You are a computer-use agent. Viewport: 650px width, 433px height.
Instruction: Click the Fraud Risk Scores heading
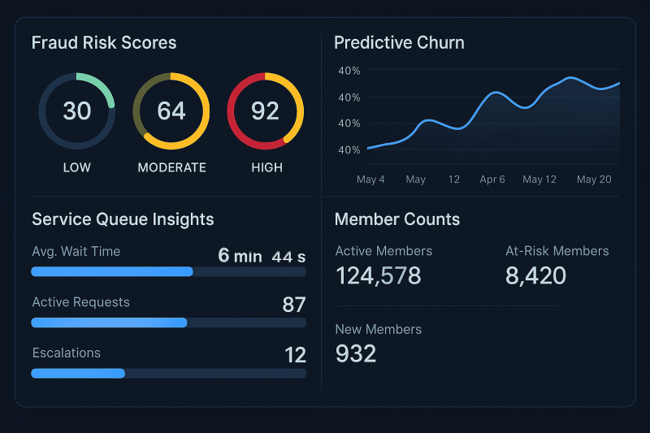coord(104,43)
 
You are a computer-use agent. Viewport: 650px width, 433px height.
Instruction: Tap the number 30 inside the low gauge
coord(76,111)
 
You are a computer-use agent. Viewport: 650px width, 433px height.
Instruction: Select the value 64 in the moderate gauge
coord(171,111)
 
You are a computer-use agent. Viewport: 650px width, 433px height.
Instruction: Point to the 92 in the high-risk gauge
coord(266,111)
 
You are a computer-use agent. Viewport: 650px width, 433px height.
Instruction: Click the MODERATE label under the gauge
coord(171,167)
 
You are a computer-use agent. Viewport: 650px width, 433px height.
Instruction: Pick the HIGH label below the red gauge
coord(267,167)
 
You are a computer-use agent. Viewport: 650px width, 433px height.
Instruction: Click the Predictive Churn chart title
coord(399,43)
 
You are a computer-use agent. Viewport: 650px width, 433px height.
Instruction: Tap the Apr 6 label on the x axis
coord(492,180)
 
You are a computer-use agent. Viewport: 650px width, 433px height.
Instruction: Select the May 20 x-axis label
coord(594,180)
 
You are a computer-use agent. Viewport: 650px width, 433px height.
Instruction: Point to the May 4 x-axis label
coord(370,180)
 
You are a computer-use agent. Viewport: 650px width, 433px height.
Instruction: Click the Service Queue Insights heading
coord(123,219)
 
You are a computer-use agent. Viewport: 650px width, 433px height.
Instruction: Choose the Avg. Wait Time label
coord(76,252)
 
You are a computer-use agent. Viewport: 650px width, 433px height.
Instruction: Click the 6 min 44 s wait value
coord(262,256)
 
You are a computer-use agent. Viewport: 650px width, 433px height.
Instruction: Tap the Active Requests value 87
coord(294,305)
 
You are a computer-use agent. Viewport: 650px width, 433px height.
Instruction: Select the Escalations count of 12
coord(295,355)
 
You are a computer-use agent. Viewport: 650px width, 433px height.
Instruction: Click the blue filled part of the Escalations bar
coord(78,374)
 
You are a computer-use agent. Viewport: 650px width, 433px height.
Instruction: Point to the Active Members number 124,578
coord(379,275)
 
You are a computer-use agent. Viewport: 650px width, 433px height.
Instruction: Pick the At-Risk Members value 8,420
coord(535,275)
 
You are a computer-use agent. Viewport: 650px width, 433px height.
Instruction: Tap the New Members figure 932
coord(356,354)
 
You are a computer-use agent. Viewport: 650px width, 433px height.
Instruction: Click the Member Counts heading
coord(397,219)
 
